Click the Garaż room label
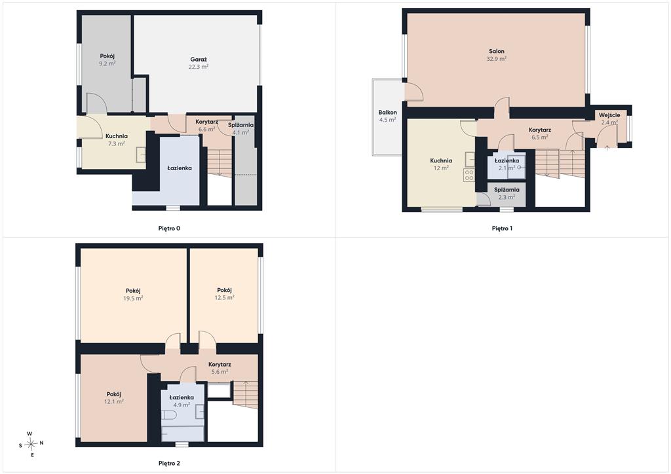pyautogui.click(x=199, y=60)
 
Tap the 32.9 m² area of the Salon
pyautogui.click(x=497, y=58)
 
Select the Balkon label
pyautogui.click(x=387, y=113)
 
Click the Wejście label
pyautogui.click(x=609, y=115)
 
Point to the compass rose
pyautogui.click(x=31, y=445)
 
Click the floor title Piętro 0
pyautogui.click(x=169, y=228)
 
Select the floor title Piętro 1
pyautogui.click(x=502, y=228)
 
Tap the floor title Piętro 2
pyautogui.click(x=169, y=464)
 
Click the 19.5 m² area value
pyautogui.click(x=133, y=298)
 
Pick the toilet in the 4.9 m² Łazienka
pyautogui.click(x=169, y=415)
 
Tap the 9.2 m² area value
pyautogui.click(x=107, y=64)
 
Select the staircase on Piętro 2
pyautogui.click(x=245, y=395)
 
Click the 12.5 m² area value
pyautogui.click(x=224, y=298)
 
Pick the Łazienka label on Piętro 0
pyautogui.click(x=180, y=168)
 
